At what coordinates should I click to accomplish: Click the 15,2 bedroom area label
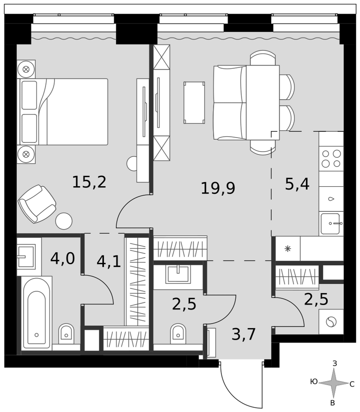(89, 182)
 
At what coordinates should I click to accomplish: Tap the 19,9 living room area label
(218, 188)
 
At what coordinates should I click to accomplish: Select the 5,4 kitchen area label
(297, 184)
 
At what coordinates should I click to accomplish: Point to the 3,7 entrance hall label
(243, 334)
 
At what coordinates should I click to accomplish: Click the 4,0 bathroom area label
(63, 259)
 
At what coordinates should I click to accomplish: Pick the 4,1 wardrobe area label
(108, 262)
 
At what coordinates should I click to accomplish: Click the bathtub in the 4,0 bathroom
(37, 313)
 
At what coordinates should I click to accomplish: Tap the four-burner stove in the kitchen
(331, 159)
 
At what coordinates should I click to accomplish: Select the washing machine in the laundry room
(331, 322)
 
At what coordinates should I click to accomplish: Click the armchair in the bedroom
(37, 204)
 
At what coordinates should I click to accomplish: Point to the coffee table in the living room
(194, 103)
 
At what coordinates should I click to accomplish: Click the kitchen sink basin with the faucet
(331, 224)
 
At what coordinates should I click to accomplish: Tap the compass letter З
(334, 364)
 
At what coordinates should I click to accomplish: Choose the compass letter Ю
(314, 382)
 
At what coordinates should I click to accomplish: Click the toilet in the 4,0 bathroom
(66, 333)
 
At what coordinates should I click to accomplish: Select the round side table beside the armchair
(64, 221)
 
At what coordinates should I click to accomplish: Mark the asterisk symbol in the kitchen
(288, 248)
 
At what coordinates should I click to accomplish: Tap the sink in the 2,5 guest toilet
(178, 274)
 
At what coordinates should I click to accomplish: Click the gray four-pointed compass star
(334, 383)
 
